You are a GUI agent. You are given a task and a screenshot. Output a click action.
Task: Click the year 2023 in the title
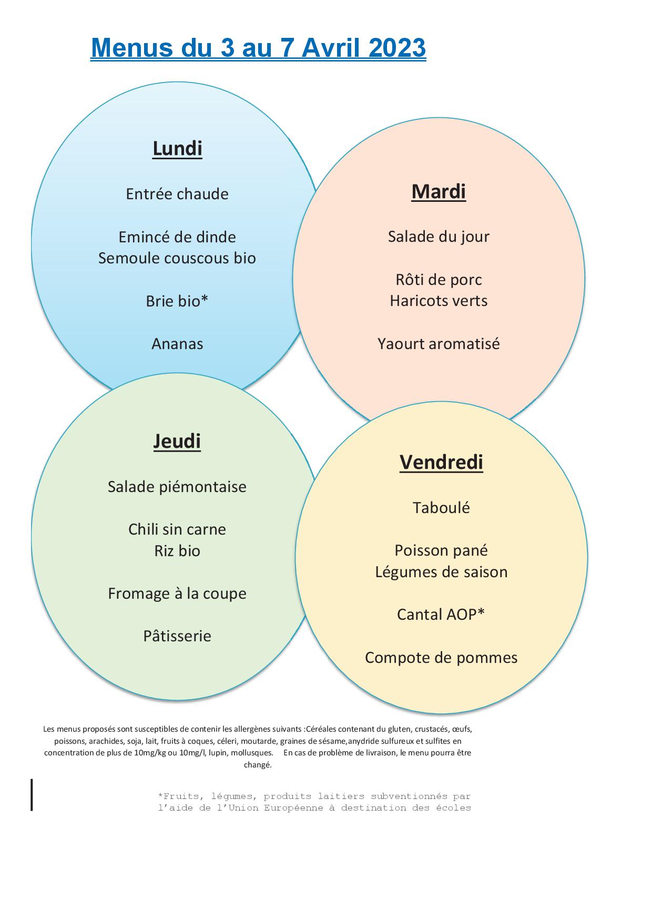point(397,48)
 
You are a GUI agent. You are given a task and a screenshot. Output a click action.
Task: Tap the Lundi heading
point(177,148)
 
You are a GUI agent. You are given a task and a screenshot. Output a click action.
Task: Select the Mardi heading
point(439,191)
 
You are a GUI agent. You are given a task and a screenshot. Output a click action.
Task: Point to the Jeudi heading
point(177,441)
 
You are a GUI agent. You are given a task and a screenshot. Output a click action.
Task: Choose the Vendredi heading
point(441,462)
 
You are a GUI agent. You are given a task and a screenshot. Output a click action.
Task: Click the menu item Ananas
point(177,344)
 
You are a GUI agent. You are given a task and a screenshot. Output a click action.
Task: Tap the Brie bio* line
point(177,301)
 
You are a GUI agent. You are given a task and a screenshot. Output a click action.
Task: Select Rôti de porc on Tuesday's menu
point(439,280)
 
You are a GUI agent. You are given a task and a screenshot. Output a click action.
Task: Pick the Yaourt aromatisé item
point(439,344)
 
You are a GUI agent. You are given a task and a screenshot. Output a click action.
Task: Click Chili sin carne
point(177,529)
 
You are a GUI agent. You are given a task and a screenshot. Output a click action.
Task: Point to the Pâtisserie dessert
point(177,636)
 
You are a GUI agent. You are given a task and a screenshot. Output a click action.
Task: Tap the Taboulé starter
point(441,508)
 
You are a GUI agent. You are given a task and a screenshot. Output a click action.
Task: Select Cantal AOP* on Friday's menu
point(441,614)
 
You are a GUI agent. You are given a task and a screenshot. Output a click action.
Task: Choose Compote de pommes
point(441,658)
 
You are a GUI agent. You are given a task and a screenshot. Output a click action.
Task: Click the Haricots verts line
point(439,301)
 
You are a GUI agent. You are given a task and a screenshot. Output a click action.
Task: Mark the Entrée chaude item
point(177,194)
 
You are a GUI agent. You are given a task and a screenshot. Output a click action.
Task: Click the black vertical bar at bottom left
point(32,795)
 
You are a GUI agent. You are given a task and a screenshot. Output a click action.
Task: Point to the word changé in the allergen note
point(258,765)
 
